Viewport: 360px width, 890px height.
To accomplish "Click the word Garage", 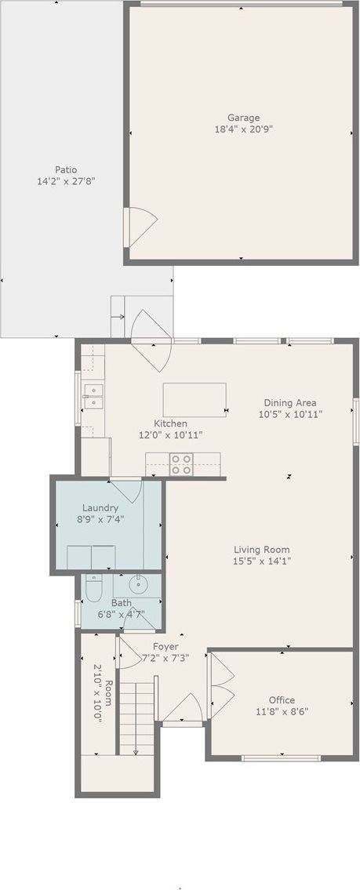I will (x=243, y=118).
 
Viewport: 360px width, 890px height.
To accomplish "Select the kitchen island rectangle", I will (x=194, y=399).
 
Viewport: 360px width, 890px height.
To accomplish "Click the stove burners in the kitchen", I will (x=182, y=464).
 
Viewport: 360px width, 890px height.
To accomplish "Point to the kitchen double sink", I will (x=93, y=396).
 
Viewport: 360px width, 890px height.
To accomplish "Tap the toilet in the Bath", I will (x=93, y=588).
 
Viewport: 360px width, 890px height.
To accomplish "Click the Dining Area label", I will (x=291, y=402).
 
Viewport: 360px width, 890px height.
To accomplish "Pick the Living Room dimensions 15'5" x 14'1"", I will (x=261, y=561).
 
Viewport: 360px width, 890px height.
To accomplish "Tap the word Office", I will (x=282, y=700).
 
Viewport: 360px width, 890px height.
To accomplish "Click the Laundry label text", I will (x=100, y=507).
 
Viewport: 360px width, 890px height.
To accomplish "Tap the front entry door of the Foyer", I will (x=183, y=711).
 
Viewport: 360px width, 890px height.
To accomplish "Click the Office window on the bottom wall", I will (x=281, y=757).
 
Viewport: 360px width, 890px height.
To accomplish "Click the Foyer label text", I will (x=165, y=647).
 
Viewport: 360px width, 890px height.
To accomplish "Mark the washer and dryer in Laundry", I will (x=91, y=557).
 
